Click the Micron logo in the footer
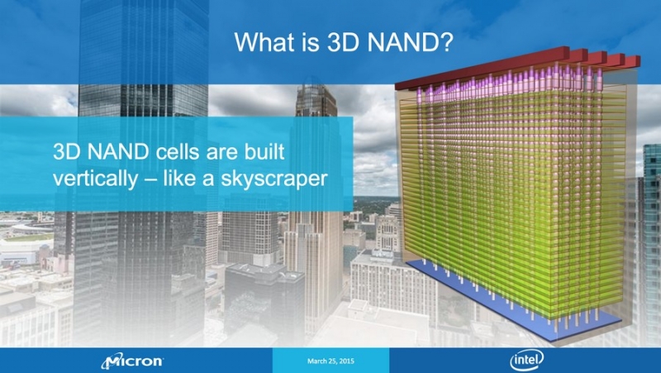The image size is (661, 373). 132,361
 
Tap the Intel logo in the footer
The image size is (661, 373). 526,361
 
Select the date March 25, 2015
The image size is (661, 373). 330,361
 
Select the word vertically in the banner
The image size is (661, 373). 95,179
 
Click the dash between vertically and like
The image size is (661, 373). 150,179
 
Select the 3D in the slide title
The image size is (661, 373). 342,42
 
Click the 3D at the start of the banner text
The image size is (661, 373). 68,152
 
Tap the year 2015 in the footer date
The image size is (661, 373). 347,361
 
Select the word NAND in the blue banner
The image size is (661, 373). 119,152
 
